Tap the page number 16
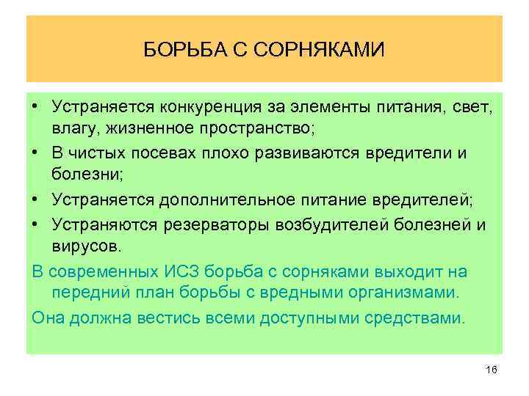pos(492,371)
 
